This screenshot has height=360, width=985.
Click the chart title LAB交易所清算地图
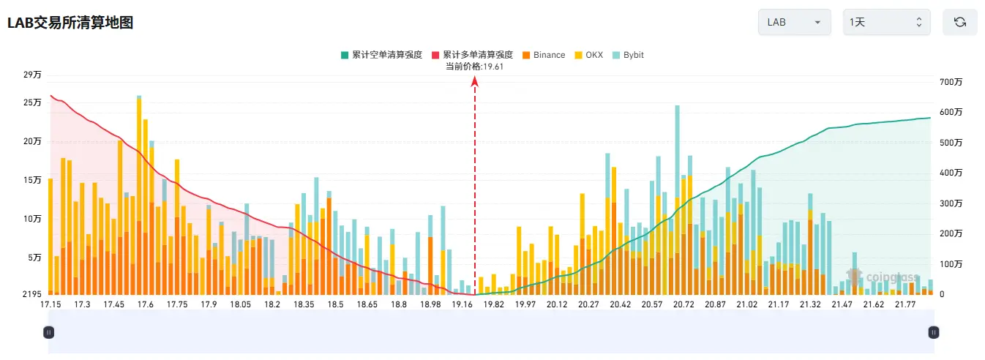tap(70, 23)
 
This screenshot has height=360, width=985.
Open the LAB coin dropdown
tap(794, 22)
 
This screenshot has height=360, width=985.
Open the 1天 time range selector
tap(886, 22)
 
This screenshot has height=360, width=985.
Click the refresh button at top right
tap(960, 22)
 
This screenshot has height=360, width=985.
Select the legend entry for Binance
tap(544, 55)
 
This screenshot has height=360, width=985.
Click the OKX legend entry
tap(589, 55)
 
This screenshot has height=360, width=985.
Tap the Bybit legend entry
tap(628, 55)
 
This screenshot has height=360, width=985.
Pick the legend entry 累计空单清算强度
tap(382, 55)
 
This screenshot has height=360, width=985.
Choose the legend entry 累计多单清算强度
tap(472, 55)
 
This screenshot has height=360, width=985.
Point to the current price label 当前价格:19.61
tap(474, 67)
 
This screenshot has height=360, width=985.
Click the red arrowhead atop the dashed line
tap(474, 81)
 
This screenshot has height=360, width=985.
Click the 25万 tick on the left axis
tap(32, 102)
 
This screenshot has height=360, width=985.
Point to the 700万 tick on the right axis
tap(951, 82)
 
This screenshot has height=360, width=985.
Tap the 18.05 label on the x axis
tap(240, 304)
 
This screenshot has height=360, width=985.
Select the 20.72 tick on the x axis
tap(683, 304)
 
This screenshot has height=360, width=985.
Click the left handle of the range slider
tap(49, 332)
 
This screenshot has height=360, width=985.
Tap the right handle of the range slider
tap(934, 332)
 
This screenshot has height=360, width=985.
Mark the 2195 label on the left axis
tap(32, 294)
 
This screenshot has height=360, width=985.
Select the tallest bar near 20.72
tap(677, 200)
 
